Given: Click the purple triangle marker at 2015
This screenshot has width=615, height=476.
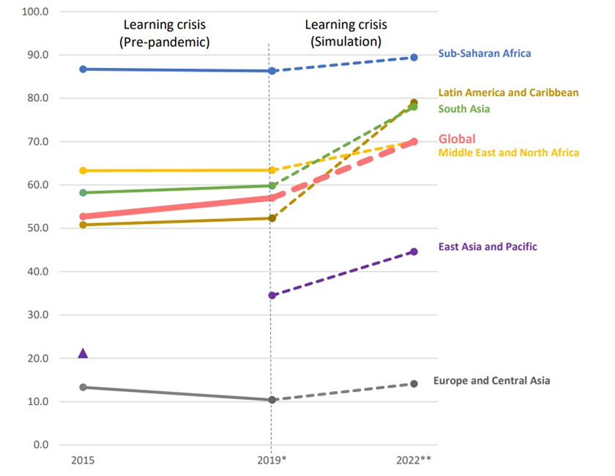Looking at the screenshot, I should pyautogui.click(x=83, y=354).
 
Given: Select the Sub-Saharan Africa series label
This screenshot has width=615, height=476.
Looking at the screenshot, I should pyautogui.click(x=484, y=53).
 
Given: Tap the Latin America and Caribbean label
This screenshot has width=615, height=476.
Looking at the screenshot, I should pyautogui.click(x=508, y=93).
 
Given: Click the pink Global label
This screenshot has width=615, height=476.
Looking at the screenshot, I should pyautogui.click(x=457, y=139).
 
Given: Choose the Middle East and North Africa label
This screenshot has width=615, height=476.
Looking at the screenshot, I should pyautogui.click(x=508, y=152).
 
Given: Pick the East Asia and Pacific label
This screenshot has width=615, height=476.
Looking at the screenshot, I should pyautogui.click(x=487, y=247).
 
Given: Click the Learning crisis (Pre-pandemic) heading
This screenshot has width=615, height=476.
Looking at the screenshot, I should pyautogui.click(x=165, y=34).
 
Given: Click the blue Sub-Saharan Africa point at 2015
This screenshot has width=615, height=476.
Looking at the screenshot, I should pyautogui.click(x=83, y=69).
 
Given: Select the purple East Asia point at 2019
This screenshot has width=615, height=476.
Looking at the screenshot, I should pyautogui.click(x=272, y=295).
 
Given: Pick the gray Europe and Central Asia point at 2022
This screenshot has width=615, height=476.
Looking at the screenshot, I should pyautogui.click(x=414, y=384).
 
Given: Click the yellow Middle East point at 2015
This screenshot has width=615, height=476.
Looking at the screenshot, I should pyautogui.click(x=83, y=171).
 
